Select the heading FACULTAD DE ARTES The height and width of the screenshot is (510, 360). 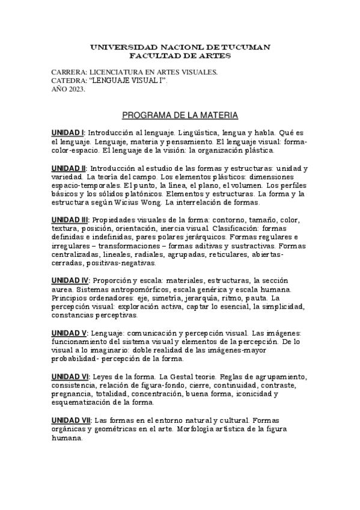click(180, 55)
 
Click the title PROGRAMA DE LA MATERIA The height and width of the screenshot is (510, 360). click(180, 114)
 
